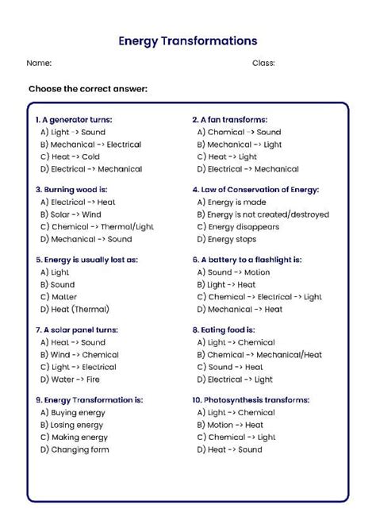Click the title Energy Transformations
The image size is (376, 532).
point(187,40)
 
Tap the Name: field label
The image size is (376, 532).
point(39,63)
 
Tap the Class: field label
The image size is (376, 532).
point(263,63)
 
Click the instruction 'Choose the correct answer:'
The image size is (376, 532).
point(88,88)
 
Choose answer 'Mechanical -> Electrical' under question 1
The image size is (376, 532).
point(90,145)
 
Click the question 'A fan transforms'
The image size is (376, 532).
point(229,120)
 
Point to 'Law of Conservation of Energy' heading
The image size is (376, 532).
point(255,190)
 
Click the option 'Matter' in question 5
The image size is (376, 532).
point(57,297)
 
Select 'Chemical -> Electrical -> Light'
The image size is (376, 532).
point(259,297)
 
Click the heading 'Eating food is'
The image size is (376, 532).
point(223,330)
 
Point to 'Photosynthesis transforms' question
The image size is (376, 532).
point(250,399)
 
